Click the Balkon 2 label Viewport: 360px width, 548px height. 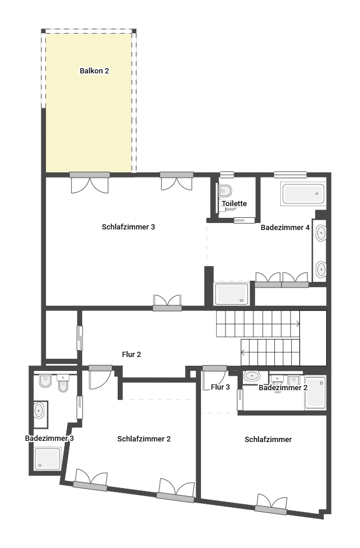[x=94, y=70]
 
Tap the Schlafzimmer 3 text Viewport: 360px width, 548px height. [x=128, y=227]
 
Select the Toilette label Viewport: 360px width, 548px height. [x=234, y=203]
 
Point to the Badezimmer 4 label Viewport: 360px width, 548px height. [x=285, y=228]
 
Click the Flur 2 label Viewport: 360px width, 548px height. [x=132, y=355]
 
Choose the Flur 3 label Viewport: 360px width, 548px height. [x=220, y=387]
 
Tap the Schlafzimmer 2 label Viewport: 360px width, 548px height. [x=144, y=439]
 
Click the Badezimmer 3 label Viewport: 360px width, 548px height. [x=50, y=439]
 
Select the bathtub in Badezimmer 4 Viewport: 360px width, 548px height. [x=303, y=193]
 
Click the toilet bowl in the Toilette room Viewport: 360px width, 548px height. [x=225, y=191]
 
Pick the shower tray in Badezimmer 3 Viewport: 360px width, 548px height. [x=48, y=458]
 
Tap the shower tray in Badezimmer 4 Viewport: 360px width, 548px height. [x=232, y=294]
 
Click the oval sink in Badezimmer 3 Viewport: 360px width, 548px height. [x=39, y=411]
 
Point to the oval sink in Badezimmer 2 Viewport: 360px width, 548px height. [x=252, y=376]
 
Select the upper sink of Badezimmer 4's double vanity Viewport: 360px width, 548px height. [x=321, y=233]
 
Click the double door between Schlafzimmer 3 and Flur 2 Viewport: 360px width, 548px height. [x=167, y=303]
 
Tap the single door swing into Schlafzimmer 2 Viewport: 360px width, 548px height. [x=101, y=377]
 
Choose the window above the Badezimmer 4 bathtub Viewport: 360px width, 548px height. [x=290, y=174]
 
